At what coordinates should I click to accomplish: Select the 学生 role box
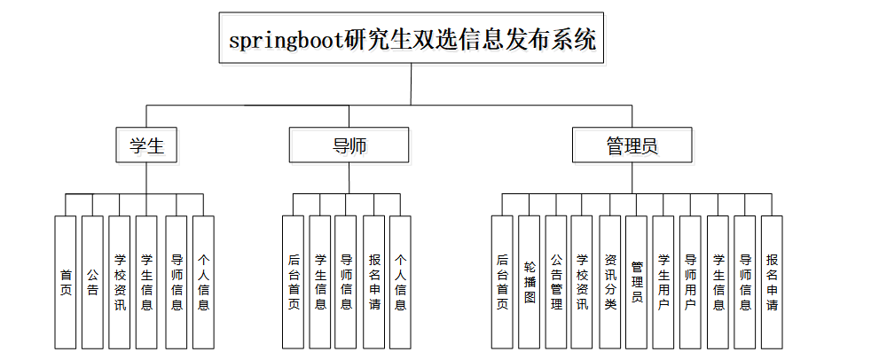click(147, 145)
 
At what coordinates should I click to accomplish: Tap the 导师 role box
click(349, 145)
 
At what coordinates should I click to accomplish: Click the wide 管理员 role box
click(632, 145)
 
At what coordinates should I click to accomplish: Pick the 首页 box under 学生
click(65, 282)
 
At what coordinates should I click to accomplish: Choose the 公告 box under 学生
click(92, 282)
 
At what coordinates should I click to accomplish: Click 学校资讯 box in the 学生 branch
click(120, 282)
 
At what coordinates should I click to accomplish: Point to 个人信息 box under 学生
click(203, 282)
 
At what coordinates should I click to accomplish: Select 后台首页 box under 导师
click(294, 282)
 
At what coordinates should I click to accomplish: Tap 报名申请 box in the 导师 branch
click(373, 282)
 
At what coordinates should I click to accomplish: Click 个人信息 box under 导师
click(400, 282)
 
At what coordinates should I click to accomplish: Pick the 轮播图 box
click(530, 282)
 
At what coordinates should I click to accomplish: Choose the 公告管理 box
click(556, 282)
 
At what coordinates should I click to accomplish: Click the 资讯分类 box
click(610, 282)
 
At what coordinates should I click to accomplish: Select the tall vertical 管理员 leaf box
click(637, 282)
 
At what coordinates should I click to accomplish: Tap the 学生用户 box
click(663, 282)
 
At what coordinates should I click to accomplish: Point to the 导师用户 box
click(690, 282)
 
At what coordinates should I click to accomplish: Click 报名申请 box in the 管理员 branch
click(772, 282)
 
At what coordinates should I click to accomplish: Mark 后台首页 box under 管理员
click(502, 282)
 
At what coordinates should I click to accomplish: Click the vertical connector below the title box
click(412, 84)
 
